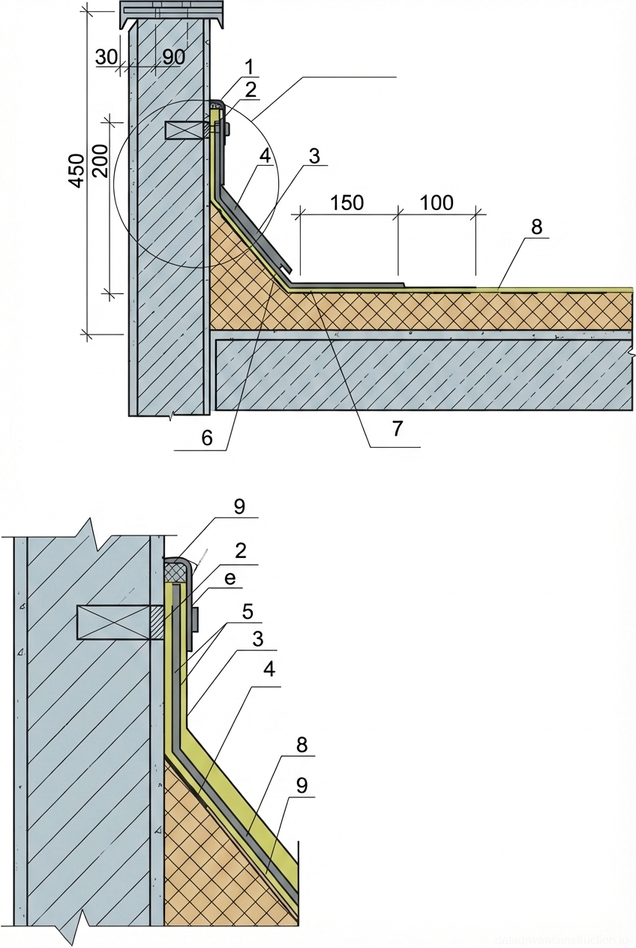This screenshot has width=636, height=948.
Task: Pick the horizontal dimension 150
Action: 346,202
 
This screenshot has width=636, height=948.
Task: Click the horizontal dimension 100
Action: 436,202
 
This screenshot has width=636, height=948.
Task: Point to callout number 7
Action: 396,428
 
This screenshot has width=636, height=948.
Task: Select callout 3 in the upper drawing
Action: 314,157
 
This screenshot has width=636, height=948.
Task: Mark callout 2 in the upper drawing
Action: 250,90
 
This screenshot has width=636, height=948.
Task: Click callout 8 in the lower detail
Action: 301,745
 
